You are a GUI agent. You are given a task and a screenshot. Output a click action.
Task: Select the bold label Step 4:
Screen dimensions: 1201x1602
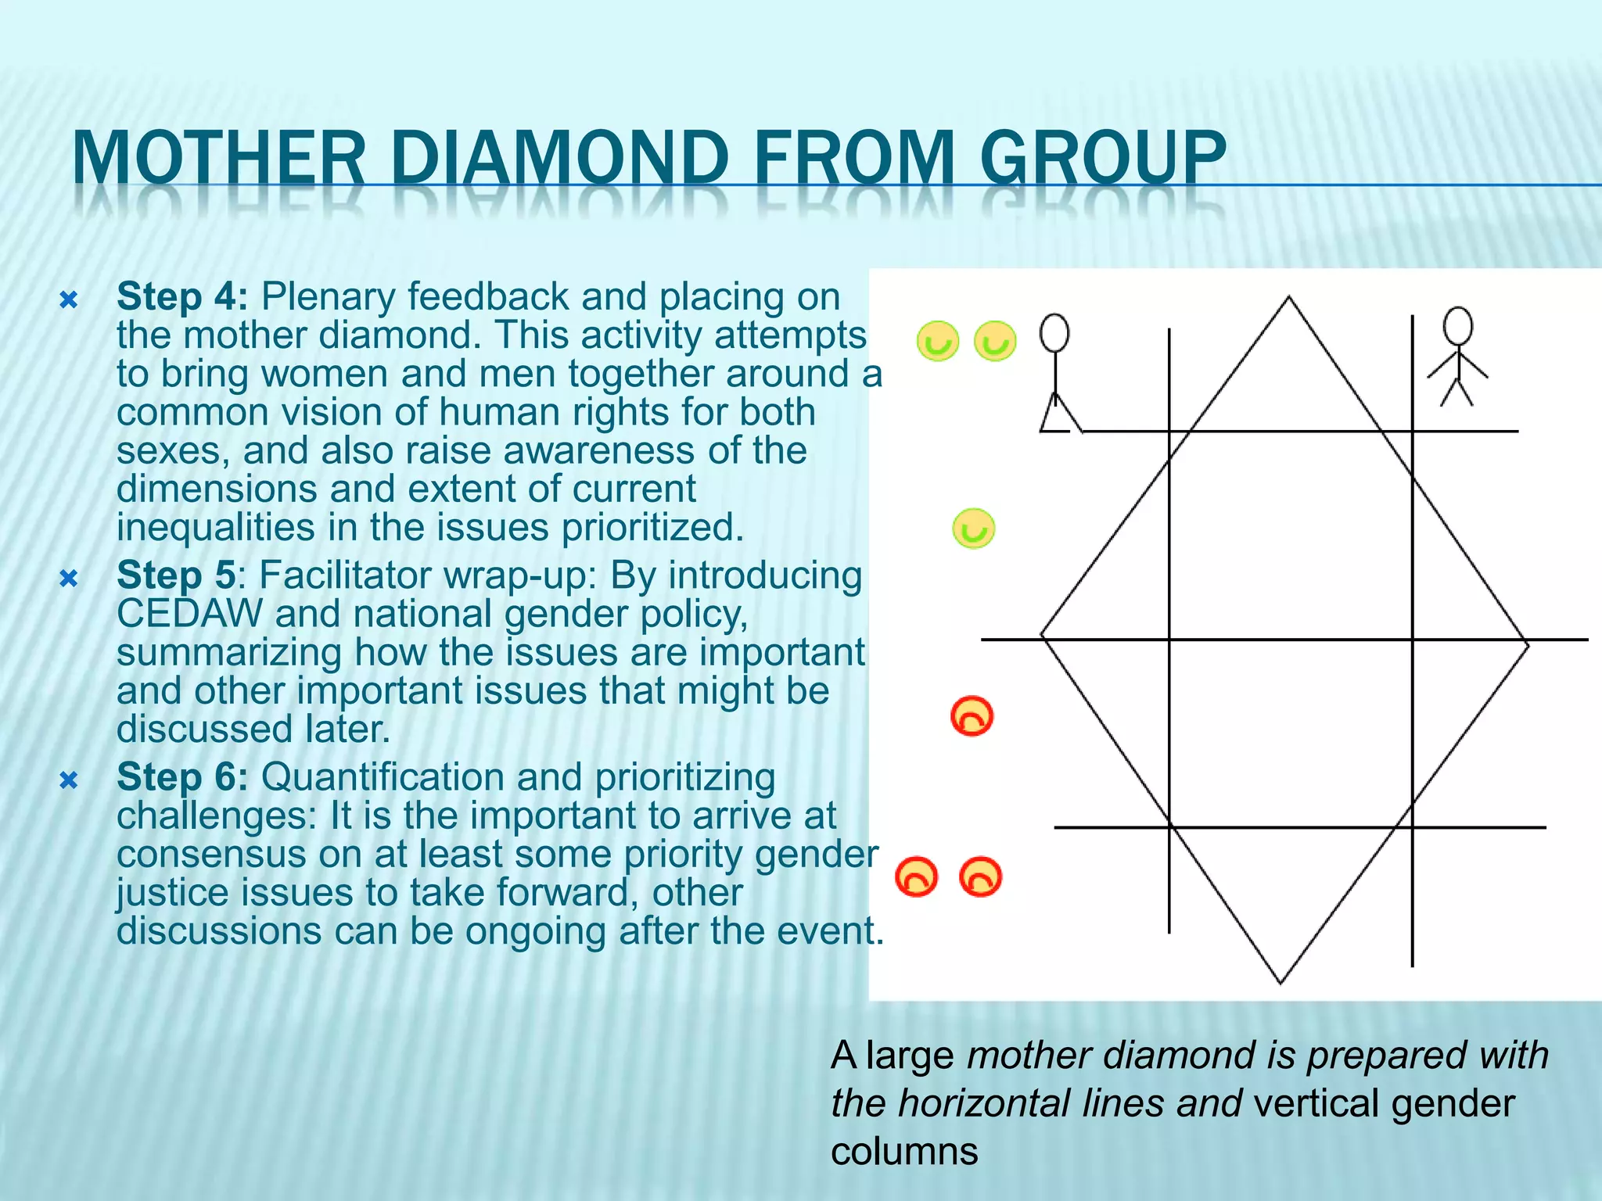(182, 297)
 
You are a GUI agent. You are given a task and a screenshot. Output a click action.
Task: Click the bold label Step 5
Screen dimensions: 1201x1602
(176, 575)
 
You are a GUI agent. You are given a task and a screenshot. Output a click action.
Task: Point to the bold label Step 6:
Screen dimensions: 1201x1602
(182, 777)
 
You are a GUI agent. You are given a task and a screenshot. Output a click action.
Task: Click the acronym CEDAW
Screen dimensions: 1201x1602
(189, 614)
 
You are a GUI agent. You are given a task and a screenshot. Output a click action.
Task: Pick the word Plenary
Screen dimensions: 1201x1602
(329, 297)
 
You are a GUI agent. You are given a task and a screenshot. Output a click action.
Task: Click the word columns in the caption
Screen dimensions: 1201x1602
(904, 1151)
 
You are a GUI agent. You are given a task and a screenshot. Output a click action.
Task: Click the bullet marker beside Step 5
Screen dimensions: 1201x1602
(69, 579)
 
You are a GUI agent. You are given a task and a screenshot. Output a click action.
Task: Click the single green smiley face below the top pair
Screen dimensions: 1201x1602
(973, 529)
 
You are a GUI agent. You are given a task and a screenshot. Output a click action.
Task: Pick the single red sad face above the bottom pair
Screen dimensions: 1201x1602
(972, 715)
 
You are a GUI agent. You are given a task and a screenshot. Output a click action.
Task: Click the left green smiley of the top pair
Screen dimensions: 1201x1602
(937, 341)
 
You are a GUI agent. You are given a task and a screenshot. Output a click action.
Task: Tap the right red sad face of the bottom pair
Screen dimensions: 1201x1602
(980, 877)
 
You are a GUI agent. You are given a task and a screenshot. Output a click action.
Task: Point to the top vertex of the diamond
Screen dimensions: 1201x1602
(1289, 297)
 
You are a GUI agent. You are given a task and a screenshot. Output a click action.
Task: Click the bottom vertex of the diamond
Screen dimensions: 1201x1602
(1281, 982)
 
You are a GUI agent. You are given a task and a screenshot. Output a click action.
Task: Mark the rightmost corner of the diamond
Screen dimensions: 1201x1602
(1528, 644)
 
